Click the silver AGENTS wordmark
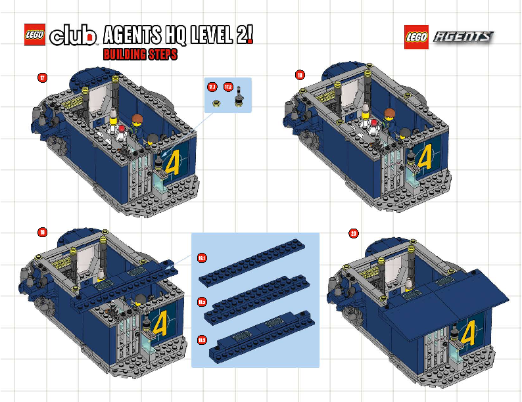pyautogui.click(x=463, y=37)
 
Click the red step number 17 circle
pyautogui.click(x=42, y=78)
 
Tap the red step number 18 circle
pyautogui.click(x=300, y=76)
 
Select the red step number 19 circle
pyautogui.click(x=42, y=232)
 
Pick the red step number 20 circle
pyautogui.click(x=354, y=233)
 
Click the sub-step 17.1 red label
pyautogui.click(x=212, y=87)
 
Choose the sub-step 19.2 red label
pyautogui.click(x=202, y=301)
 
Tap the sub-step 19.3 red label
pyautogui.click(x=202, y=339)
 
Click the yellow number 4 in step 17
pyautogui.click(x=173, y=161)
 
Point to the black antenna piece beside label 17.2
pyautogui.click(x=240, y=97)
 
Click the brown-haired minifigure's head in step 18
pyautogui.click(x=389, y=114)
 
